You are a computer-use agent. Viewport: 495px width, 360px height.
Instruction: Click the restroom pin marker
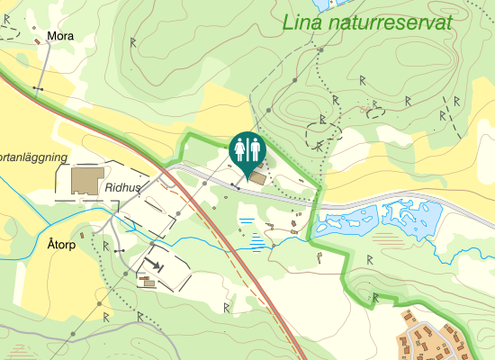(x=247, y=150)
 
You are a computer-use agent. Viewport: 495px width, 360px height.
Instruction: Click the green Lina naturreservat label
(x=365, y=23)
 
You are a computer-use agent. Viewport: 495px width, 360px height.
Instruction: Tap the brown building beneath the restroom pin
(x=258, y=177)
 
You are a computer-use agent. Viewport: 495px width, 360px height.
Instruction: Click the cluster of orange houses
(x=441, y=337)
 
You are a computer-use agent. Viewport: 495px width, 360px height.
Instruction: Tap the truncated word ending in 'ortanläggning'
(x=33, y=157)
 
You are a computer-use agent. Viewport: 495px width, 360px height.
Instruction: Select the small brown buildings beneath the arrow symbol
(x=146, y=282)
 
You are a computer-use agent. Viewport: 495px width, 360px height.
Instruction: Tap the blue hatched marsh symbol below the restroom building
(x=259, y=238)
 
